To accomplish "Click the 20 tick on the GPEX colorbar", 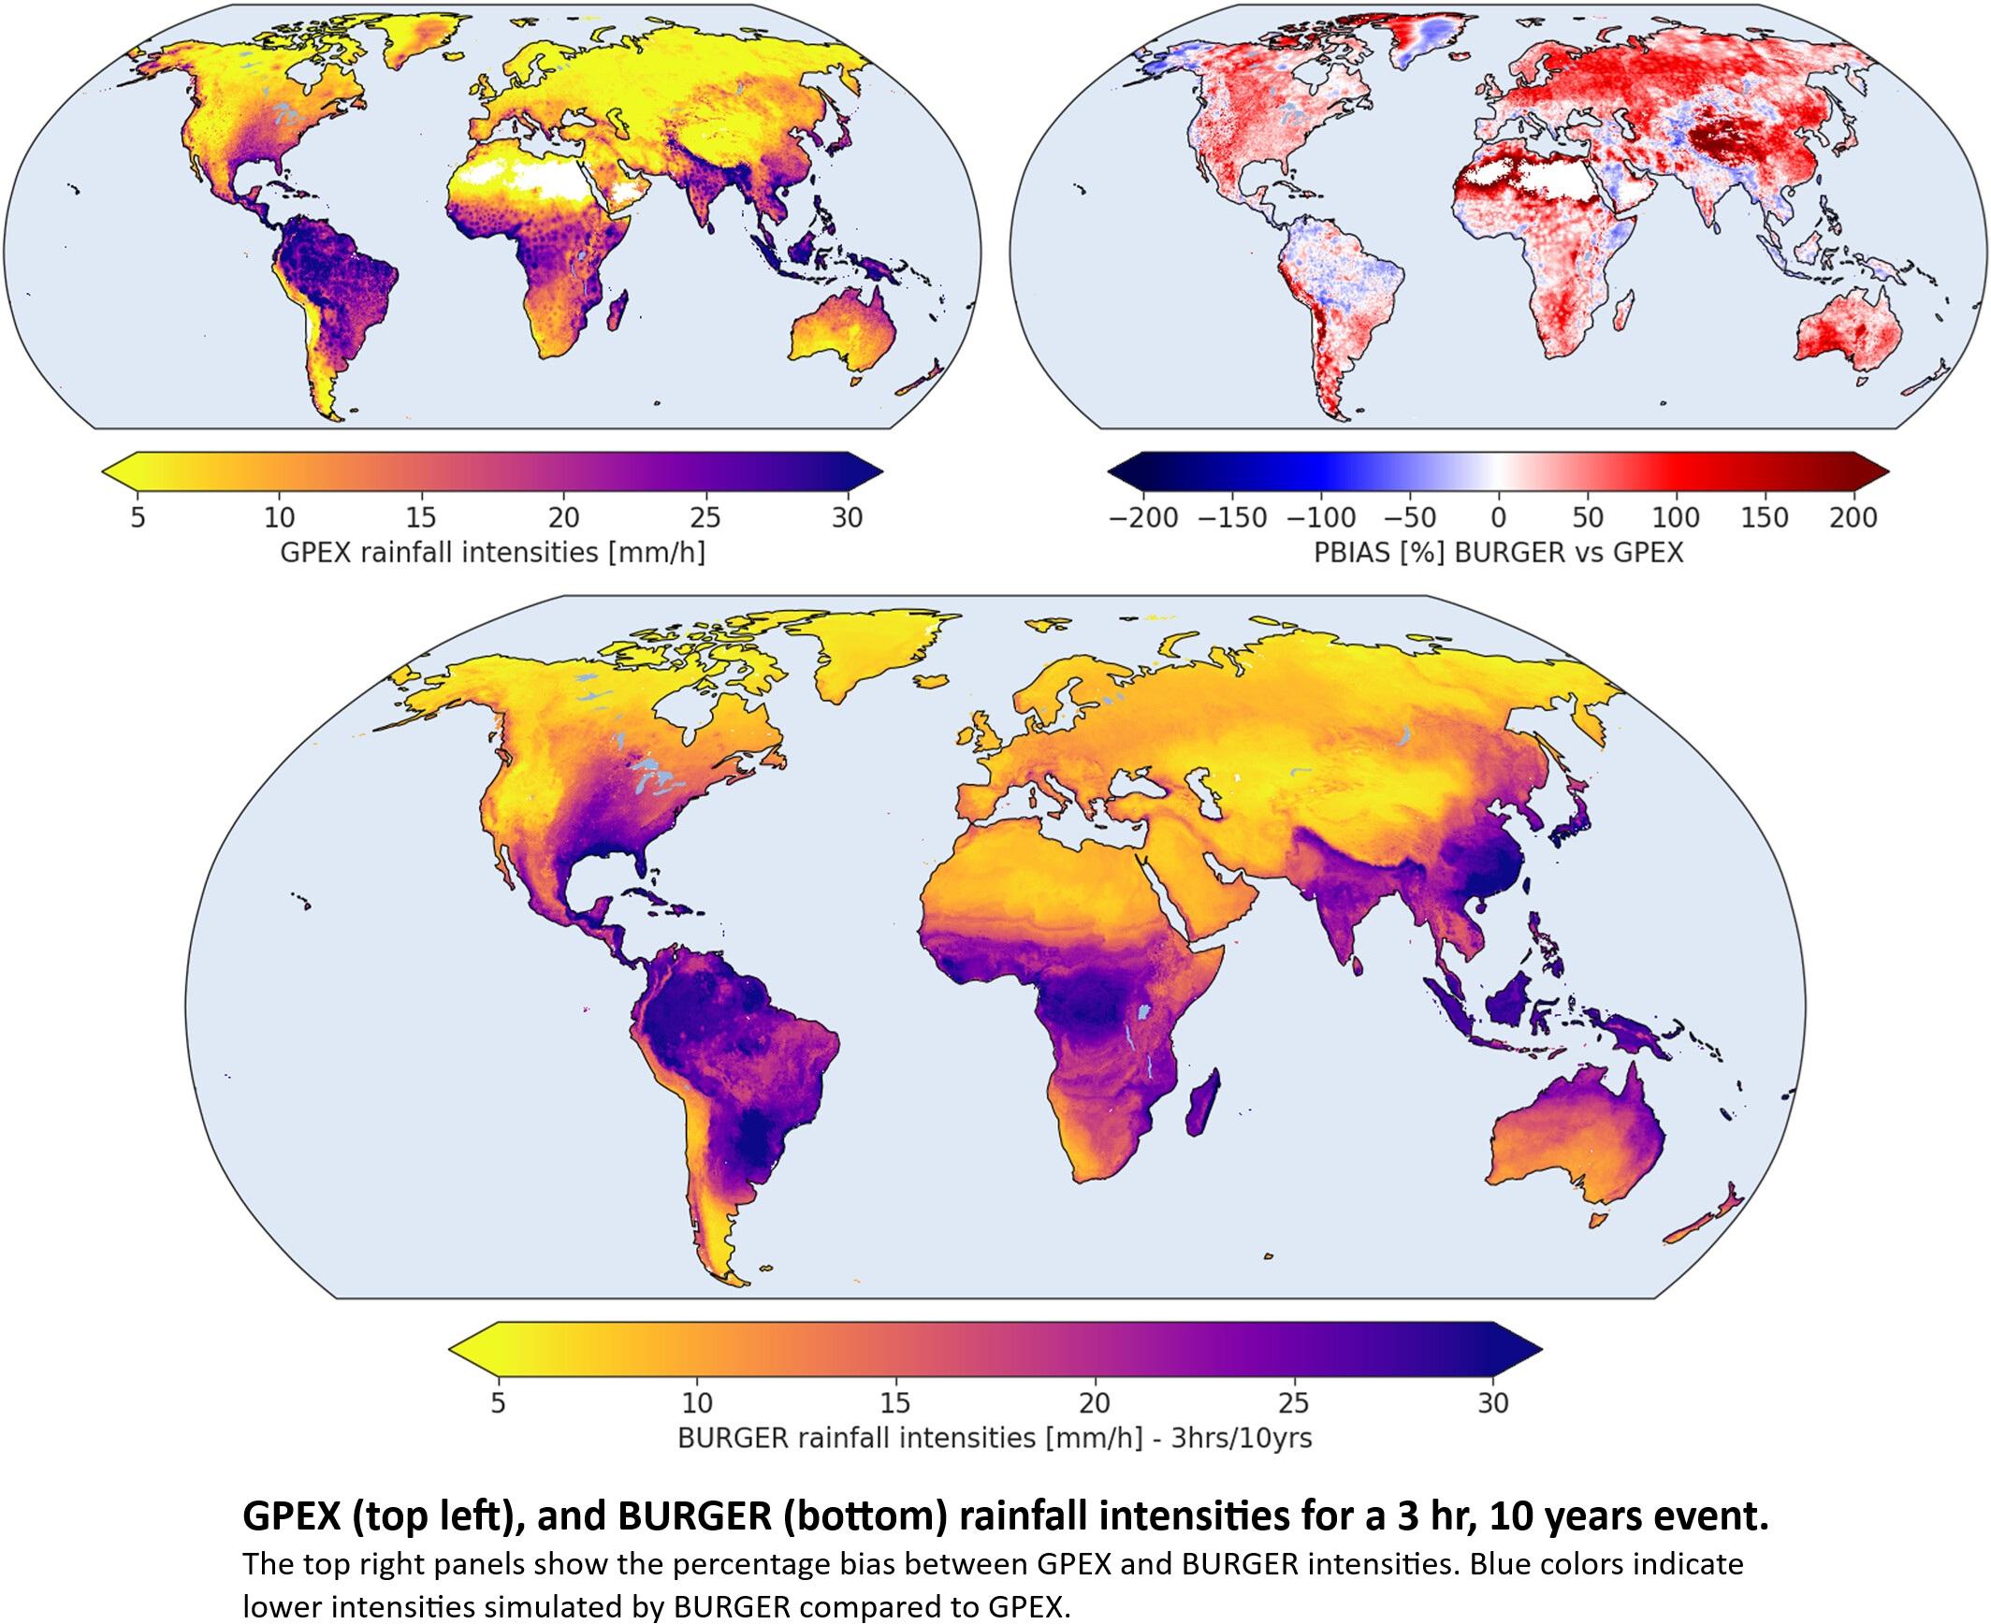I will pyautogui.click(x=564, y=516).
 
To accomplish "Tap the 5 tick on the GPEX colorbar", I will pyautogui.click(x=138, y=516).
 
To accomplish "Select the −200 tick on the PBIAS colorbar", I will pyautogui.click(x=1142, y=517).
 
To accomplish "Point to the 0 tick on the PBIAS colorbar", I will pyautogui.click(x=1498, y=517).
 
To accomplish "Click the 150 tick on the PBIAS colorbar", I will pyautogui.click(x=1765, y=517).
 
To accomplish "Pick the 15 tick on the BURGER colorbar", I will pyautogui.click(x=895, y=1403).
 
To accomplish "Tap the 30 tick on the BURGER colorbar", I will pyautogui.click(x=1493, y=1403).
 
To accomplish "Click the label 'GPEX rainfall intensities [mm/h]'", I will pyautogui.click(x=492, y=553).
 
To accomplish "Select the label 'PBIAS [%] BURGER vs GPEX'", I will pyautogui.click(x=1498, y=553).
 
